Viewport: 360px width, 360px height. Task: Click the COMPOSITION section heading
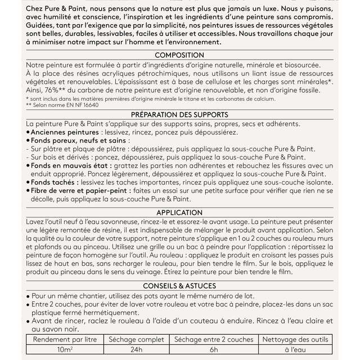click(179, 55)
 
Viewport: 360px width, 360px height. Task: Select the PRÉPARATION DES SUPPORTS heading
click(179, 115)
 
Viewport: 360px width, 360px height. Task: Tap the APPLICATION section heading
click(179, 213)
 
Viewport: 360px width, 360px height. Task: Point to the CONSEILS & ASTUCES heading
click(179, 286)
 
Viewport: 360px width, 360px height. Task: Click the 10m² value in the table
click(65, 350)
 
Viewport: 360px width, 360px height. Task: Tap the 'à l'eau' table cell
click(295, 350)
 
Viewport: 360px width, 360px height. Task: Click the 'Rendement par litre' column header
click(65, 340)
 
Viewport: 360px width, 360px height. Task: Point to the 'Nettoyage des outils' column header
click(295, 340)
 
